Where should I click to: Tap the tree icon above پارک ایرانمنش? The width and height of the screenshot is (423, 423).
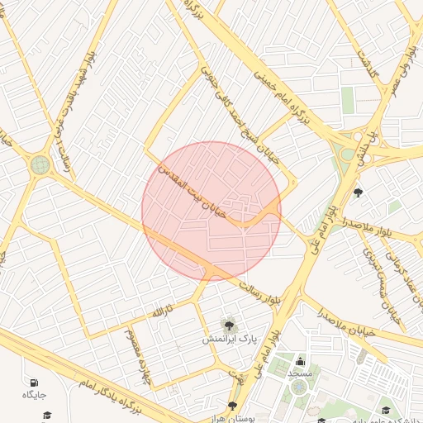[228, 323]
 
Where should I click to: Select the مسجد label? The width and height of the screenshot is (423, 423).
[298, 373]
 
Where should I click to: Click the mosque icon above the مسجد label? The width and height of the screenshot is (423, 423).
[298, 361]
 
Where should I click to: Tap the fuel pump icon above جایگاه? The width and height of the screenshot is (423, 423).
[34, 383]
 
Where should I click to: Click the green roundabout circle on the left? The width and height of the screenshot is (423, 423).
[40, 164]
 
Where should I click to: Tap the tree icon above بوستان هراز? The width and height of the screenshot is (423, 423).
[232, 406]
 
